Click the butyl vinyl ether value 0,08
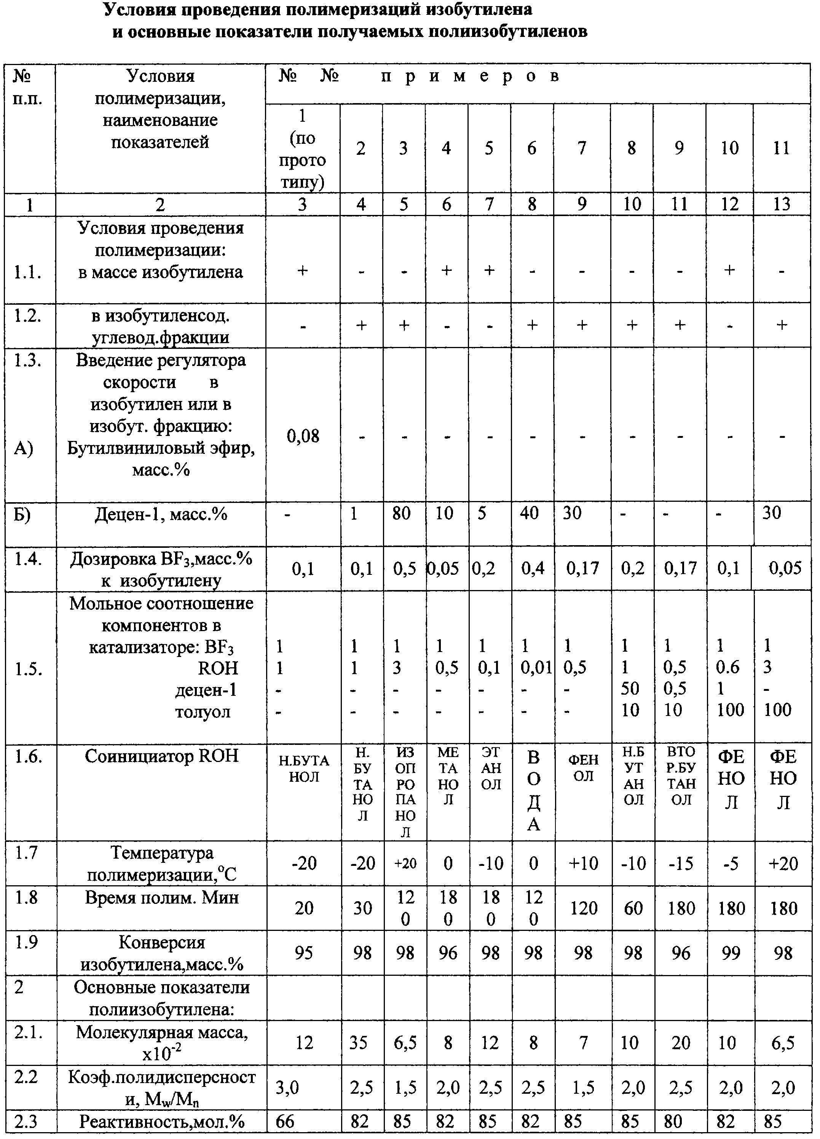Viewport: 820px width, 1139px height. click(x=303, y=436)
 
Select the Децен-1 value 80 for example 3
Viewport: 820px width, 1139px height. click(x=402, y=513)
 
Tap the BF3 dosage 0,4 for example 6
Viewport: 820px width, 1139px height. click(x=533, y=568)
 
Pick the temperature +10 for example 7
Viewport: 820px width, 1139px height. click(x=583, y=863)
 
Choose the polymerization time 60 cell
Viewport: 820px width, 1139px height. click(x=633, y=908)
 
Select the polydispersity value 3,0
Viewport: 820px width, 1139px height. click(x=287, y=1088)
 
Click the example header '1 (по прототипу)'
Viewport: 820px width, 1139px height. click(x=303, y=149)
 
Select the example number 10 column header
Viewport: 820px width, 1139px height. click(x=729, y=148)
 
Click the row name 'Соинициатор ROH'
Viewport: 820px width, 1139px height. click(x=161, y=756)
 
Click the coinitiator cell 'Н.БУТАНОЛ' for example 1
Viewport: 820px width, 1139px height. click(x=304, y=769)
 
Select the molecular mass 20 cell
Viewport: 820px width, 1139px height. click(x=681, y=1043)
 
